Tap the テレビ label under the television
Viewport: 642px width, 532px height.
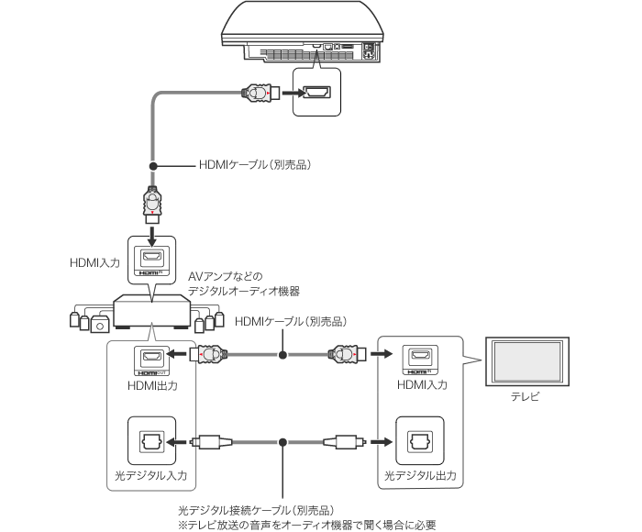(526, 397)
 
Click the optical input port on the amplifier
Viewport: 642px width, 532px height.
(149, 441)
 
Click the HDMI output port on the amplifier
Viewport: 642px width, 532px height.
(149, 356)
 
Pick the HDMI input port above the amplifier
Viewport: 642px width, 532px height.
(149, 258)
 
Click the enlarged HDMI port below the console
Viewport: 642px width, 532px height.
(316, 93)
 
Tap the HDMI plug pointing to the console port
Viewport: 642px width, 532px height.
(257, 93)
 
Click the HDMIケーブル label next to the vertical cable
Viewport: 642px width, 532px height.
(256, 166)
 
